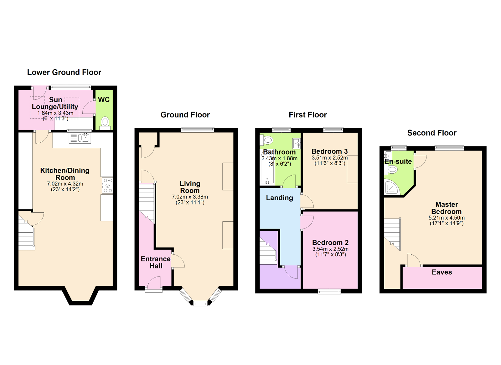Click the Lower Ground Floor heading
point(64,72)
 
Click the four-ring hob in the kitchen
point(107,186)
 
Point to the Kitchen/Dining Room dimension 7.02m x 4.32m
point(65,184)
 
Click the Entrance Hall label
point(156,262)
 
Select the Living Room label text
point(190,187)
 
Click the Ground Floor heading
point(185,115)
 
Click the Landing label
point(279,198)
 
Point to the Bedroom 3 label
point(329,151)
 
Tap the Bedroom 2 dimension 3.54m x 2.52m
point(330,249)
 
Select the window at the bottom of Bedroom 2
point(329,292)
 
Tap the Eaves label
point(442,272)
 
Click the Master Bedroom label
point(447,208)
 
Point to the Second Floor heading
point(431,133)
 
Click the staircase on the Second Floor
point(392,232)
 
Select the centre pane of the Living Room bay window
point(200,303)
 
